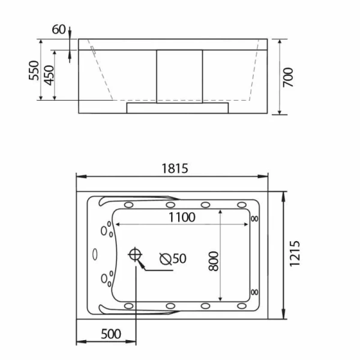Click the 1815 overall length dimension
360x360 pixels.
[x=175, y=169]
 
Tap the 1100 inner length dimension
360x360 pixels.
[x=181, y=217]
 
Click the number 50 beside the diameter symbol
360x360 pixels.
[x=179, y=259]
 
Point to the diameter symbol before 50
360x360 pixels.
[x=166, y=259]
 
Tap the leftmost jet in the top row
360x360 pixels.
[x=129, y=204]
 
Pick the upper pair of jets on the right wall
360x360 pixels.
[x=256, y=218]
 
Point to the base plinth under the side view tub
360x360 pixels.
[x=178, y=107]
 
